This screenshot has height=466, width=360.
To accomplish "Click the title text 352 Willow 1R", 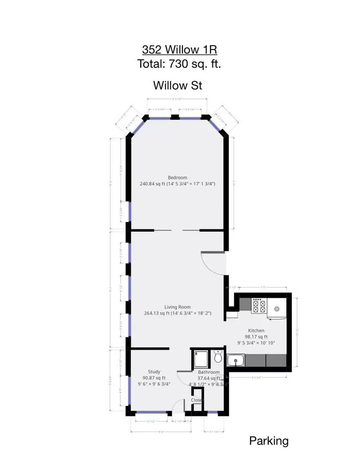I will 179,49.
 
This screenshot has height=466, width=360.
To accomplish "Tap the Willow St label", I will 178,85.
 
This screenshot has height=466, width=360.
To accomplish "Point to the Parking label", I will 269,441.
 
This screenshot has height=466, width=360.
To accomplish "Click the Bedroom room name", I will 177,177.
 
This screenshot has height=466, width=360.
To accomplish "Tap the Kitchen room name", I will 256,331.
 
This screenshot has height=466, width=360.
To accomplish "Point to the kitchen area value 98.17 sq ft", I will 256,337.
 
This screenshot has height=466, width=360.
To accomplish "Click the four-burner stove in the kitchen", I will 259,306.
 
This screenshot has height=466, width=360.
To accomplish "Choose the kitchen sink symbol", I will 235,360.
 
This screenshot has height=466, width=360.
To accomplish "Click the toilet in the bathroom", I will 218,357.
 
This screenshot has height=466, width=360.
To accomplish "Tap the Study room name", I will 154,372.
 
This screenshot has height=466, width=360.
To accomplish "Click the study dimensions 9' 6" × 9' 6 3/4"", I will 154,384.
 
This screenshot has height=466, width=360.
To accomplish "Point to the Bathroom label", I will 209,372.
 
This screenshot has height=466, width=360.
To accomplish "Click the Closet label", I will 197,400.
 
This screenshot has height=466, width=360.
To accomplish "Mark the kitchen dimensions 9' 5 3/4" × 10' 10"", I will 256,343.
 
